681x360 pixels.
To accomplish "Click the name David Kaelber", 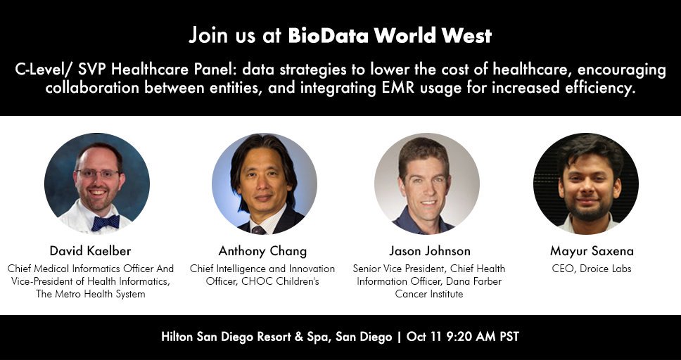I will pyautogui.click(x=90, y=251).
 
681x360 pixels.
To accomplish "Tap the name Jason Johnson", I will pyautogui.click(x=430, y=251).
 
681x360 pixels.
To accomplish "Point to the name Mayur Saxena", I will pyautogui.click(x=588, y=251).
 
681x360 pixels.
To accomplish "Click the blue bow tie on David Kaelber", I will pyautogui.click(x=106, y=222).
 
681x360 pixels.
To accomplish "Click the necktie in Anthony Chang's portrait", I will pyautogui.click(x=258, y=229).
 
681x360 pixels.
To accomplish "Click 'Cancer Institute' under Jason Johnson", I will pyautogui.click(x=429, y=294).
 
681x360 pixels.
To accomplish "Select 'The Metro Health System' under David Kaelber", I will pyautogui.click(x=90, y=294).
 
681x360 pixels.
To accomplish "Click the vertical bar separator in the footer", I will pyautogui.click(x=399, y=337).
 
